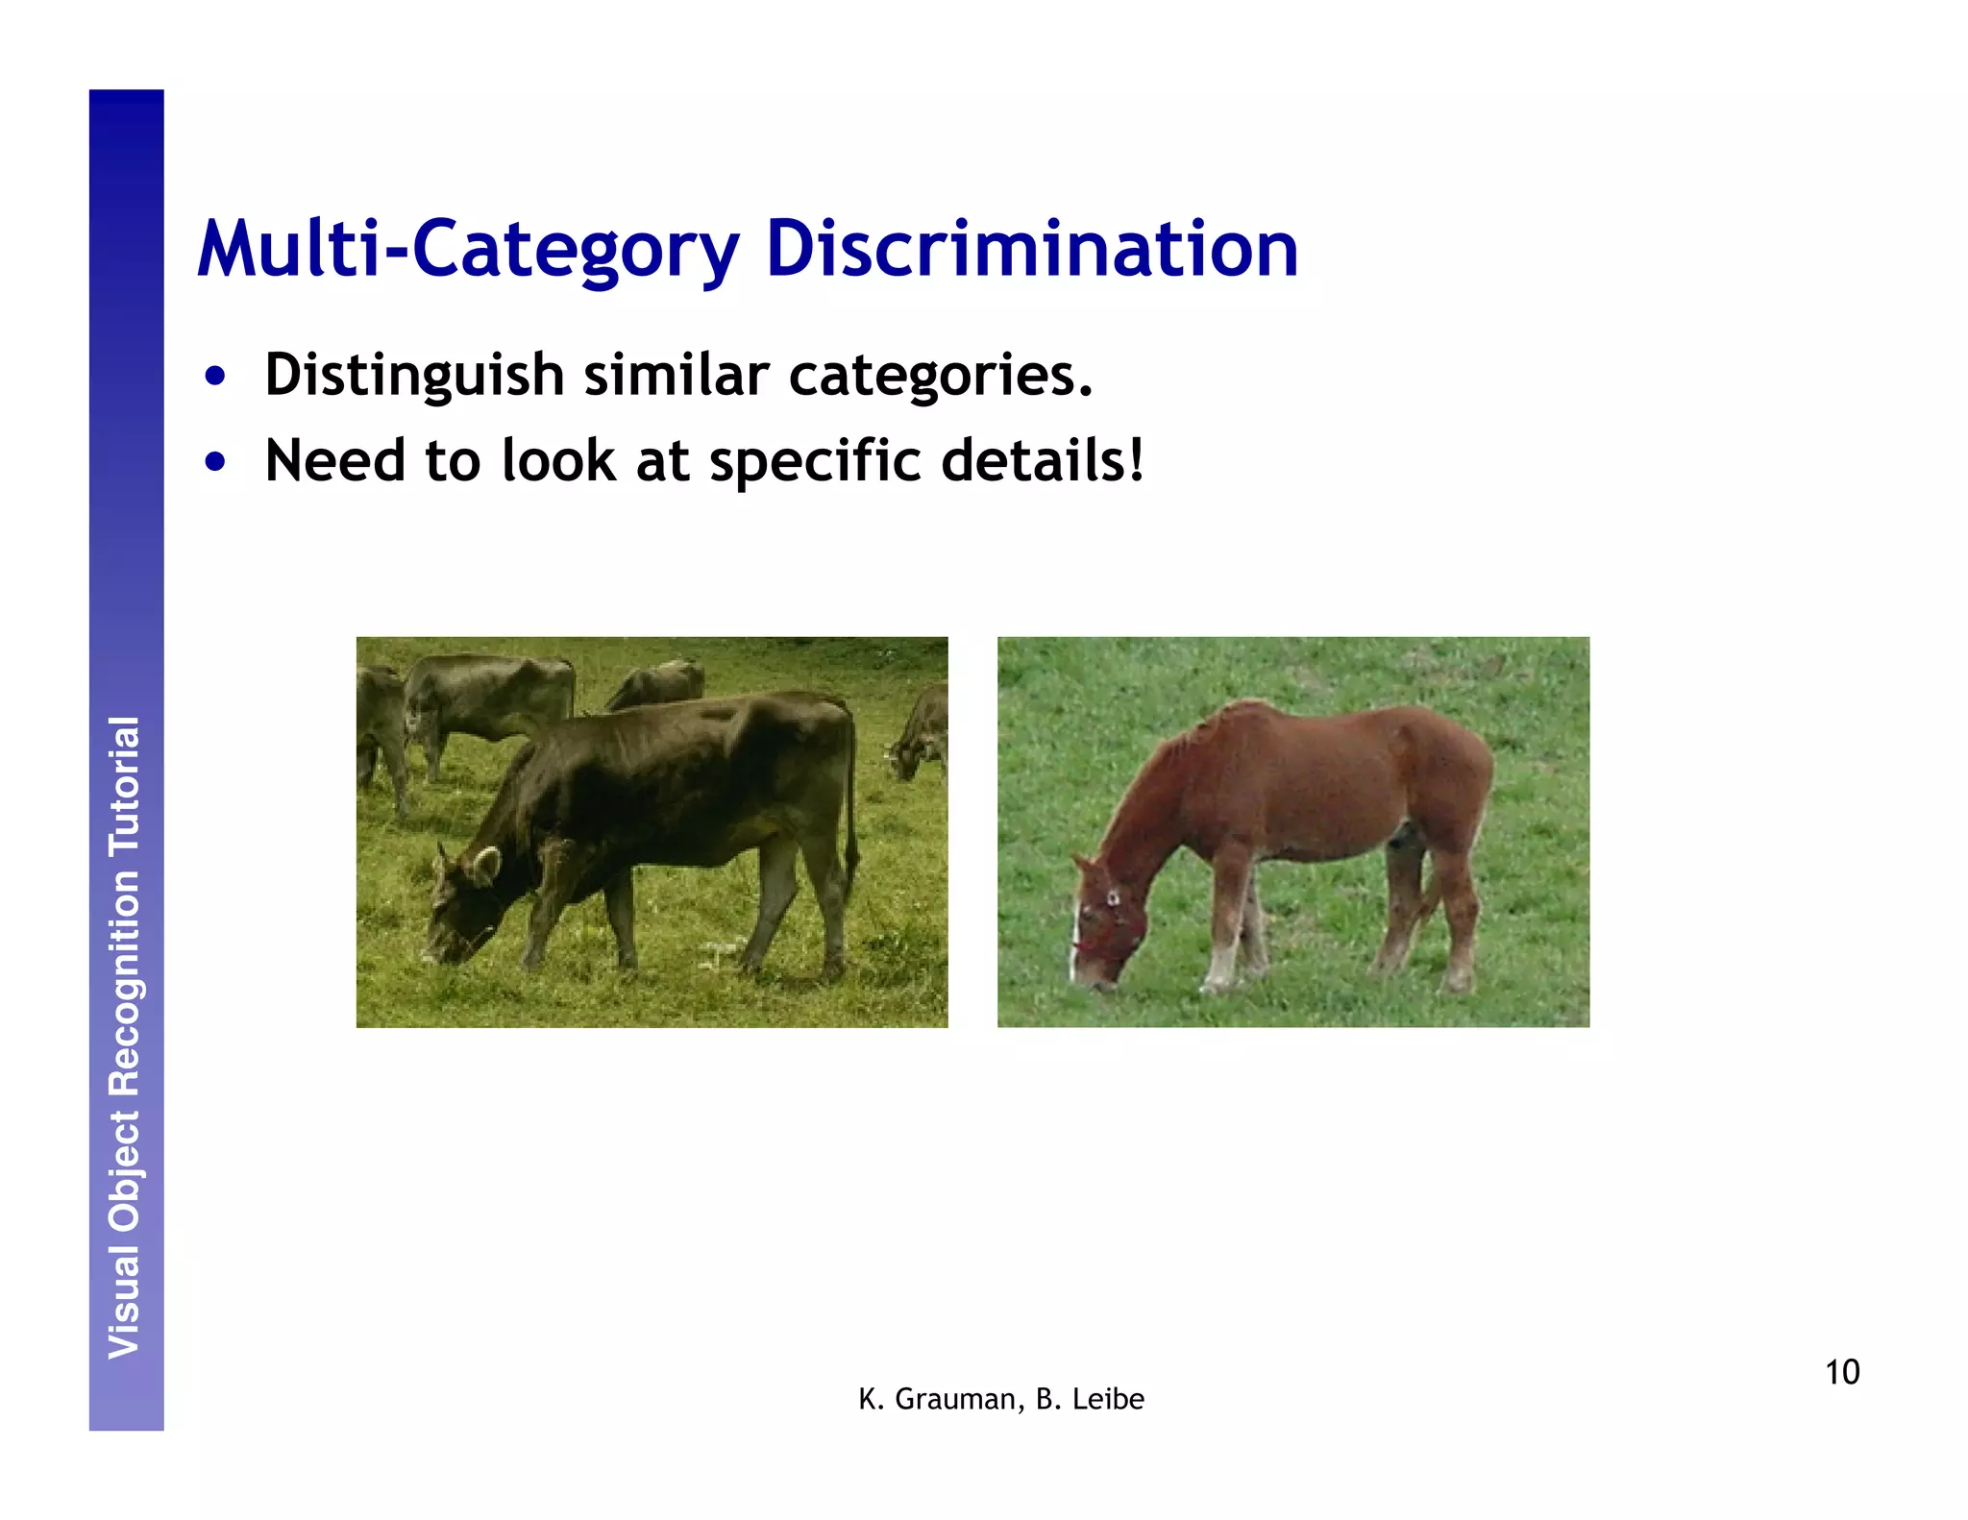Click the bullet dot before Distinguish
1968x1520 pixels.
click(215, 376)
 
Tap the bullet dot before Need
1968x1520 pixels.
click(215, 462)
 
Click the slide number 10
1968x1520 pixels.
click(1841, 1372)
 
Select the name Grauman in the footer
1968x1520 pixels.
click(955, 1400)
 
